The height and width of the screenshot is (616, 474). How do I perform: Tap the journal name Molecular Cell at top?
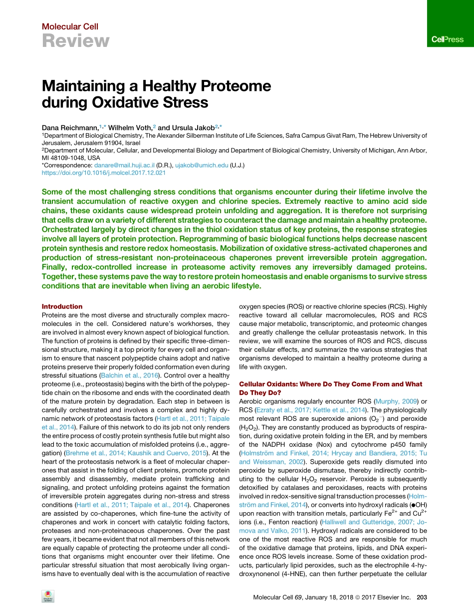click(x=70, y=27)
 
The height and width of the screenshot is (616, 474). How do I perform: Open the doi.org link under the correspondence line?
click(x=103, y=173)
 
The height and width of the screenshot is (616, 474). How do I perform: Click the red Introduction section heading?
click(x=62, y=307)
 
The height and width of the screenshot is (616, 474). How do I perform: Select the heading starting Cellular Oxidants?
click(x=330, y=384)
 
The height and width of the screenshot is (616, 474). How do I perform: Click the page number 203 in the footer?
click(x=421, y=597)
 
